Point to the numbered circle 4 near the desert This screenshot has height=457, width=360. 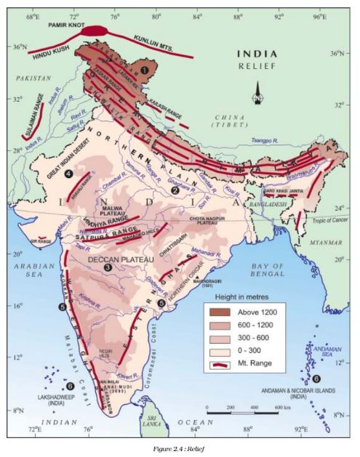[68, 174]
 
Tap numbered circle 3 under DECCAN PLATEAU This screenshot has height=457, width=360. [108, 267]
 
